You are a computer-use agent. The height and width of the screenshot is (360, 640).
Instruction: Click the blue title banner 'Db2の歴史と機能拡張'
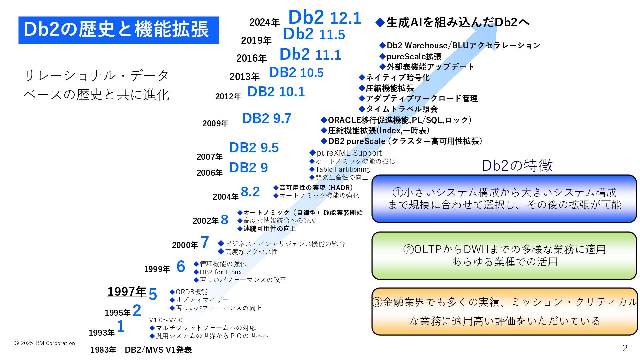118,30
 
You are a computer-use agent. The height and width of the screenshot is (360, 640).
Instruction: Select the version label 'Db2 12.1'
324,17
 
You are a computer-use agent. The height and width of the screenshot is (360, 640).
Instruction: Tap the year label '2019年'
256,40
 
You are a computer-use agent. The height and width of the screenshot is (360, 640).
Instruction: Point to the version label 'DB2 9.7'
266,118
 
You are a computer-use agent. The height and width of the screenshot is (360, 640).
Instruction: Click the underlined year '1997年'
127,292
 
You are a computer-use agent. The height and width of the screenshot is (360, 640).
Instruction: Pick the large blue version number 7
205,243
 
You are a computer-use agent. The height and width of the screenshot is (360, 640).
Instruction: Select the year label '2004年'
225,197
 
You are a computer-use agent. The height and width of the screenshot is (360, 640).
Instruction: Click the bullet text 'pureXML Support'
349,153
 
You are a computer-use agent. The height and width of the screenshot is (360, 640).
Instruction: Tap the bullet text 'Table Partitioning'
342,169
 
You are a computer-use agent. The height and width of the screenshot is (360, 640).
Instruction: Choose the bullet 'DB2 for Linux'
220,272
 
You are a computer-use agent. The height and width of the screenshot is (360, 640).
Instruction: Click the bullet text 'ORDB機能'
191,292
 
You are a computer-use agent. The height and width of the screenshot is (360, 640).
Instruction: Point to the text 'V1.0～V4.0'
166,320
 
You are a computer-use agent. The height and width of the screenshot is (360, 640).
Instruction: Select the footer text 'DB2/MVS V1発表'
158,350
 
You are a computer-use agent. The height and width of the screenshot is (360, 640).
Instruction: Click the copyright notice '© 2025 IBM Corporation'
45,343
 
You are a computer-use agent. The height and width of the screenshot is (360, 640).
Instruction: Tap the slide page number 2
625,348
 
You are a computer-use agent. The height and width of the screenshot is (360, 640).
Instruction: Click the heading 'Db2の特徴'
517,166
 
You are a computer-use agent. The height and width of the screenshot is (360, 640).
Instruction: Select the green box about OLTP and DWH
504,256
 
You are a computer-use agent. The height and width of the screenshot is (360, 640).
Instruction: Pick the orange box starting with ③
504,311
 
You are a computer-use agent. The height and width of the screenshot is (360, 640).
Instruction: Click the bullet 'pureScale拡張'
414,56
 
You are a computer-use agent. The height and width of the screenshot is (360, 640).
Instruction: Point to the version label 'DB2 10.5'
296,73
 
